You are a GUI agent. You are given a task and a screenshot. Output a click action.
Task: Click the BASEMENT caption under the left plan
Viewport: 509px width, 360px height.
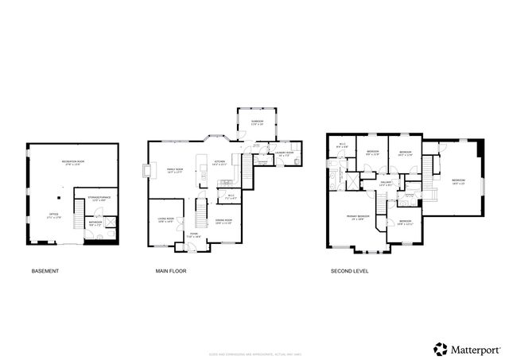[x=45, y=271]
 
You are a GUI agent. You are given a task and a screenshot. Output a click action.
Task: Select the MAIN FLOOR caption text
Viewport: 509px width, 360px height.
[x=171, y=271]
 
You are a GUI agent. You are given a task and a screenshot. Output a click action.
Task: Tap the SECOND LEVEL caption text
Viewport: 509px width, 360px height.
[x=349, y=271]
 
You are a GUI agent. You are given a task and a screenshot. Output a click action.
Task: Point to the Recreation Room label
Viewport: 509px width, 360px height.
[x=73, y=163]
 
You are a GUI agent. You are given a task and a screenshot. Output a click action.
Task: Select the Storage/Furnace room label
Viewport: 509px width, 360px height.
[x=98, y=198]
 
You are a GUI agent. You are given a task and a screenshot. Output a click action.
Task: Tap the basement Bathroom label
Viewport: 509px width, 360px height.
[x=95, y=224]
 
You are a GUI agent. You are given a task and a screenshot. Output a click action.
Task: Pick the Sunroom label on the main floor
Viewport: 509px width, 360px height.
[x=257, y=122]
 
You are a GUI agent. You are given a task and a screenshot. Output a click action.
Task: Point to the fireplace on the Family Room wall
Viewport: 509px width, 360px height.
[x=146, y=171]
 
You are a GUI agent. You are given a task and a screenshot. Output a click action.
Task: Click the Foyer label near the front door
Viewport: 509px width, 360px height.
[x=193, y=235]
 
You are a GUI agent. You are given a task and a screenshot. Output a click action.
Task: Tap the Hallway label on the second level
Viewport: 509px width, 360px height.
[x=387, y=184]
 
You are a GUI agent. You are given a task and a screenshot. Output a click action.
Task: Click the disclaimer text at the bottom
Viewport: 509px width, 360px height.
[x=254, y=331]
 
